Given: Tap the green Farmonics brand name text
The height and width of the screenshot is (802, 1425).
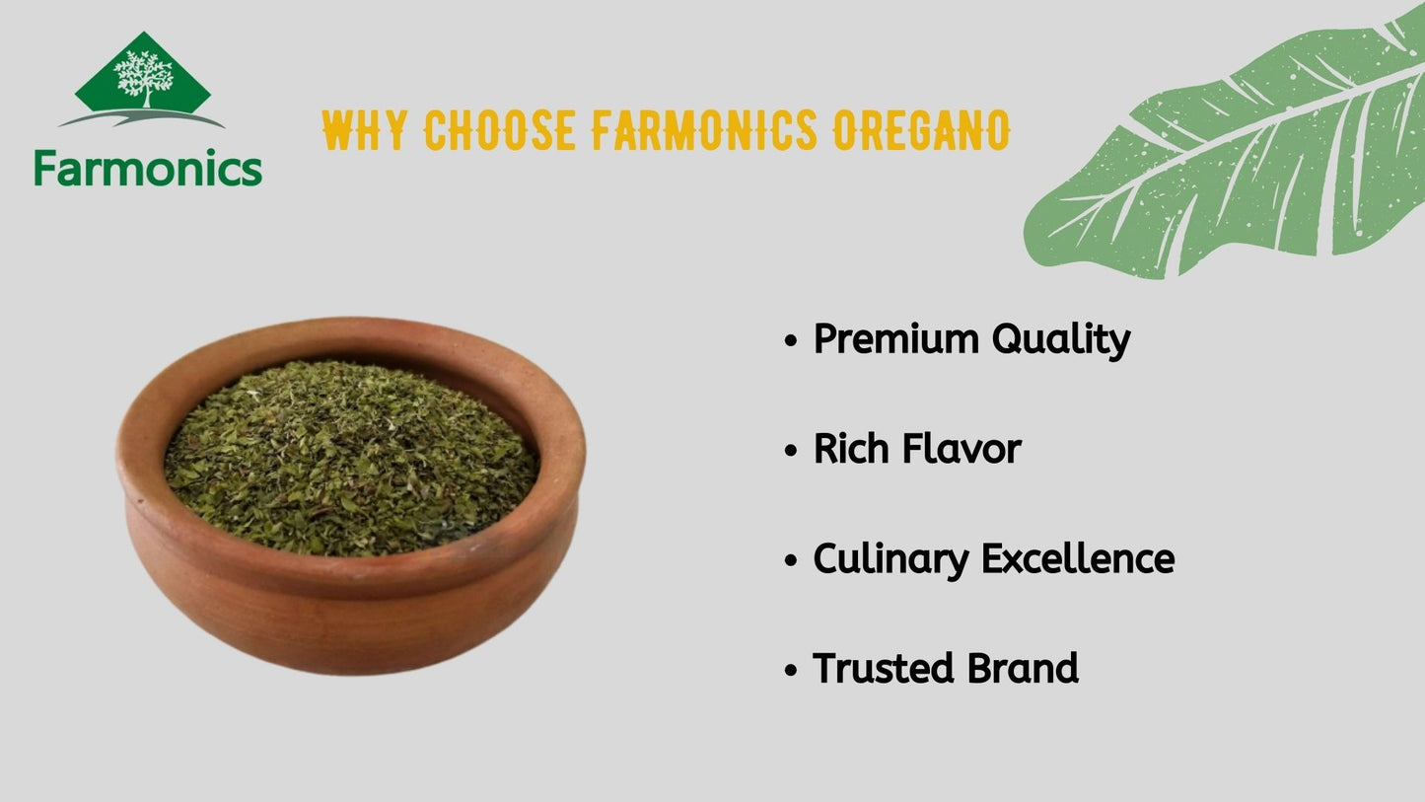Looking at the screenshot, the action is click(148, 168).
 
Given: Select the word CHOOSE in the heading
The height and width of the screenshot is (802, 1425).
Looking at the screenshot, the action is click(500, 130).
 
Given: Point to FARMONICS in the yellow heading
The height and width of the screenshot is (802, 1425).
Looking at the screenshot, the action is click(704, 130).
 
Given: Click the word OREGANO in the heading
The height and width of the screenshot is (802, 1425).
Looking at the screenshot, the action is click(921, 130).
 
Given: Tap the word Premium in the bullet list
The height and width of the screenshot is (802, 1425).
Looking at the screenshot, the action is click(896, 338).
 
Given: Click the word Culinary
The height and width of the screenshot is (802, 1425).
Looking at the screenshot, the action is click(891, 560).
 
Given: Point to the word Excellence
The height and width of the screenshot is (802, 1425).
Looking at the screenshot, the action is click(1078, 559).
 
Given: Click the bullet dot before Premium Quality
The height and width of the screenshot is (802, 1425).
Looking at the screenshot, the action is click(791, 340).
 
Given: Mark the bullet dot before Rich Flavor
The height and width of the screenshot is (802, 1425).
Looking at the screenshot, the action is click(791, 451).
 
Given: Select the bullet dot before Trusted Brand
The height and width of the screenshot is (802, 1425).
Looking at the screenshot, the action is click(791, 670).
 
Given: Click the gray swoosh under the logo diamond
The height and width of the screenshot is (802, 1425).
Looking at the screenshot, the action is click(141, 117).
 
